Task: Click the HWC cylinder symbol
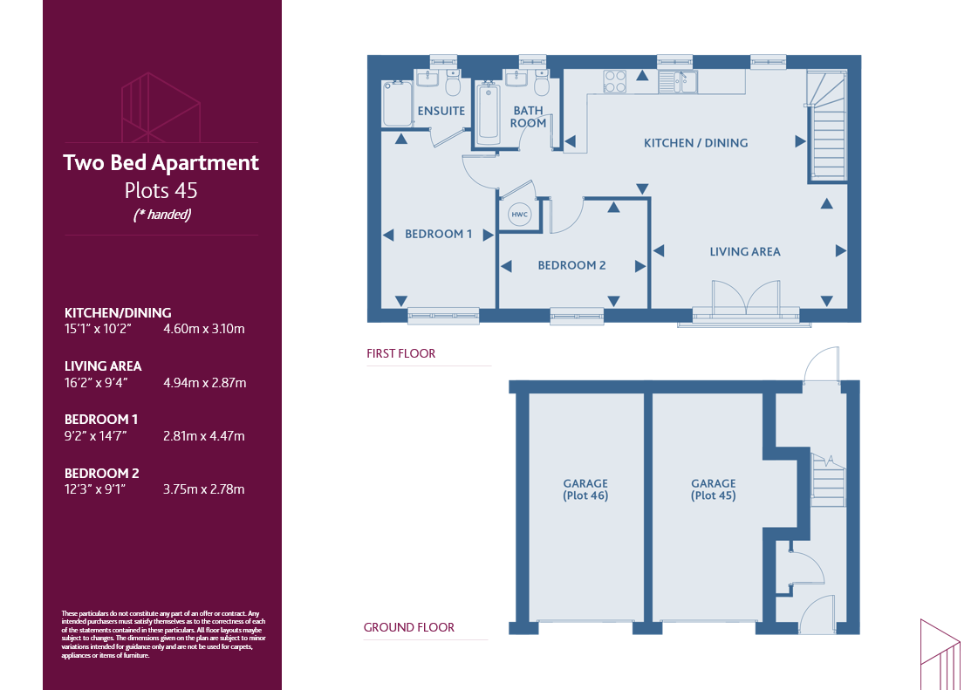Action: pyautogui.click(x=520, y=214)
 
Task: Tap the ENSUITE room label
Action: pyautogui.click(x=441, y=111)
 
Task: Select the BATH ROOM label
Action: pyautogui.click(x=529, y=117)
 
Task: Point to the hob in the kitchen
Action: pyautogui.click(x=614, y=82)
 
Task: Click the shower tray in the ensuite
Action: pyautogui.click(x=397, y=104)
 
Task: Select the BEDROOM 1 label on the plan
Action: pyautogui.click(x=439, y=234)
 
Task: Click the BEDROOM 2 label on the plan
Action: pyautogui.click(x=572, y=265)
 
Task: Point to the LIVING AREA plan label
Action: pyautogui.click(x=745, y=251)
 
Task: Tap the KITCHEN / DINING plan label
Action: pyautogui.click(x=695, y=143)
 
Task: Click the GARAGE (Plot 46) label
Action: pyautogui.click(x=585, y=489)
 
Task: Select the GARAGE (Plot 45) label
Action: pyautogui.click(x=713, y=489)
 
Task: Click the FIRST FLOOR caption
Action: pyautogui.click(x=401, y=354)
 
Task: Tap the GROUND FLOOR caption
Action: pyautogui.click(x=409, y=627)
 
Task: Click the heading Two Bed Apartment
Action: pyautogui.click(x=161, y=163)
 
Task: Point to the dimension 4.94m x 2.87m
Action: pyautogui.click(x=204, y=383)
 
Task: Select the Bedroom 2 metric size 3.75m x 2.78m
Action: pyautogui.click(x=203, y=489)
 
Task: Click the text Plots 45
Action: pyautogui.click(x=161, y=190)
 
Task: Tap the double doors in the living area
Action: pyautogui.click(x=746, y=297)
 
